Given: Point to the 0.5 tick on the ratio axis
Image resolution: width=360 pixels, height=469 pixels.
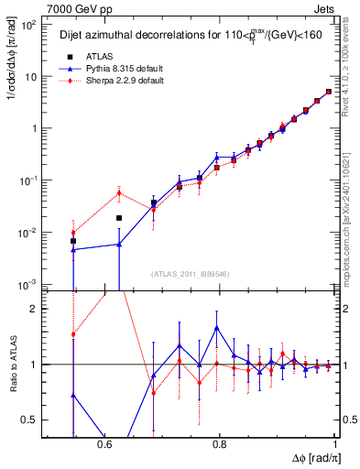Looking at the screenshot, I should point(34,420).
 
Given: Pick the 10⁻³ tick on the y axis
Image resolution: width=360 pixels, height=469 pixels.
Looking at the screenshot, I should point(31,285).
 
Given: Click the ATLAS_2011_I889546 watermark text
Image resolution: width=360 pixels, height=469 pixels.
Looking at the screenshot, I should point(190,274).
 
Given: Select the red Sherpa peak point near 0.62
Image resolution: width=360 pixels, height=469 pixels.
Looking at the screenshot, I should point(119,192).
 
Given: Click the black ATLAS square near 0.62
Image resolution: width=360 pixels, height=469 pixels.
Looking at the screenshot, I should point(119,218).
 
